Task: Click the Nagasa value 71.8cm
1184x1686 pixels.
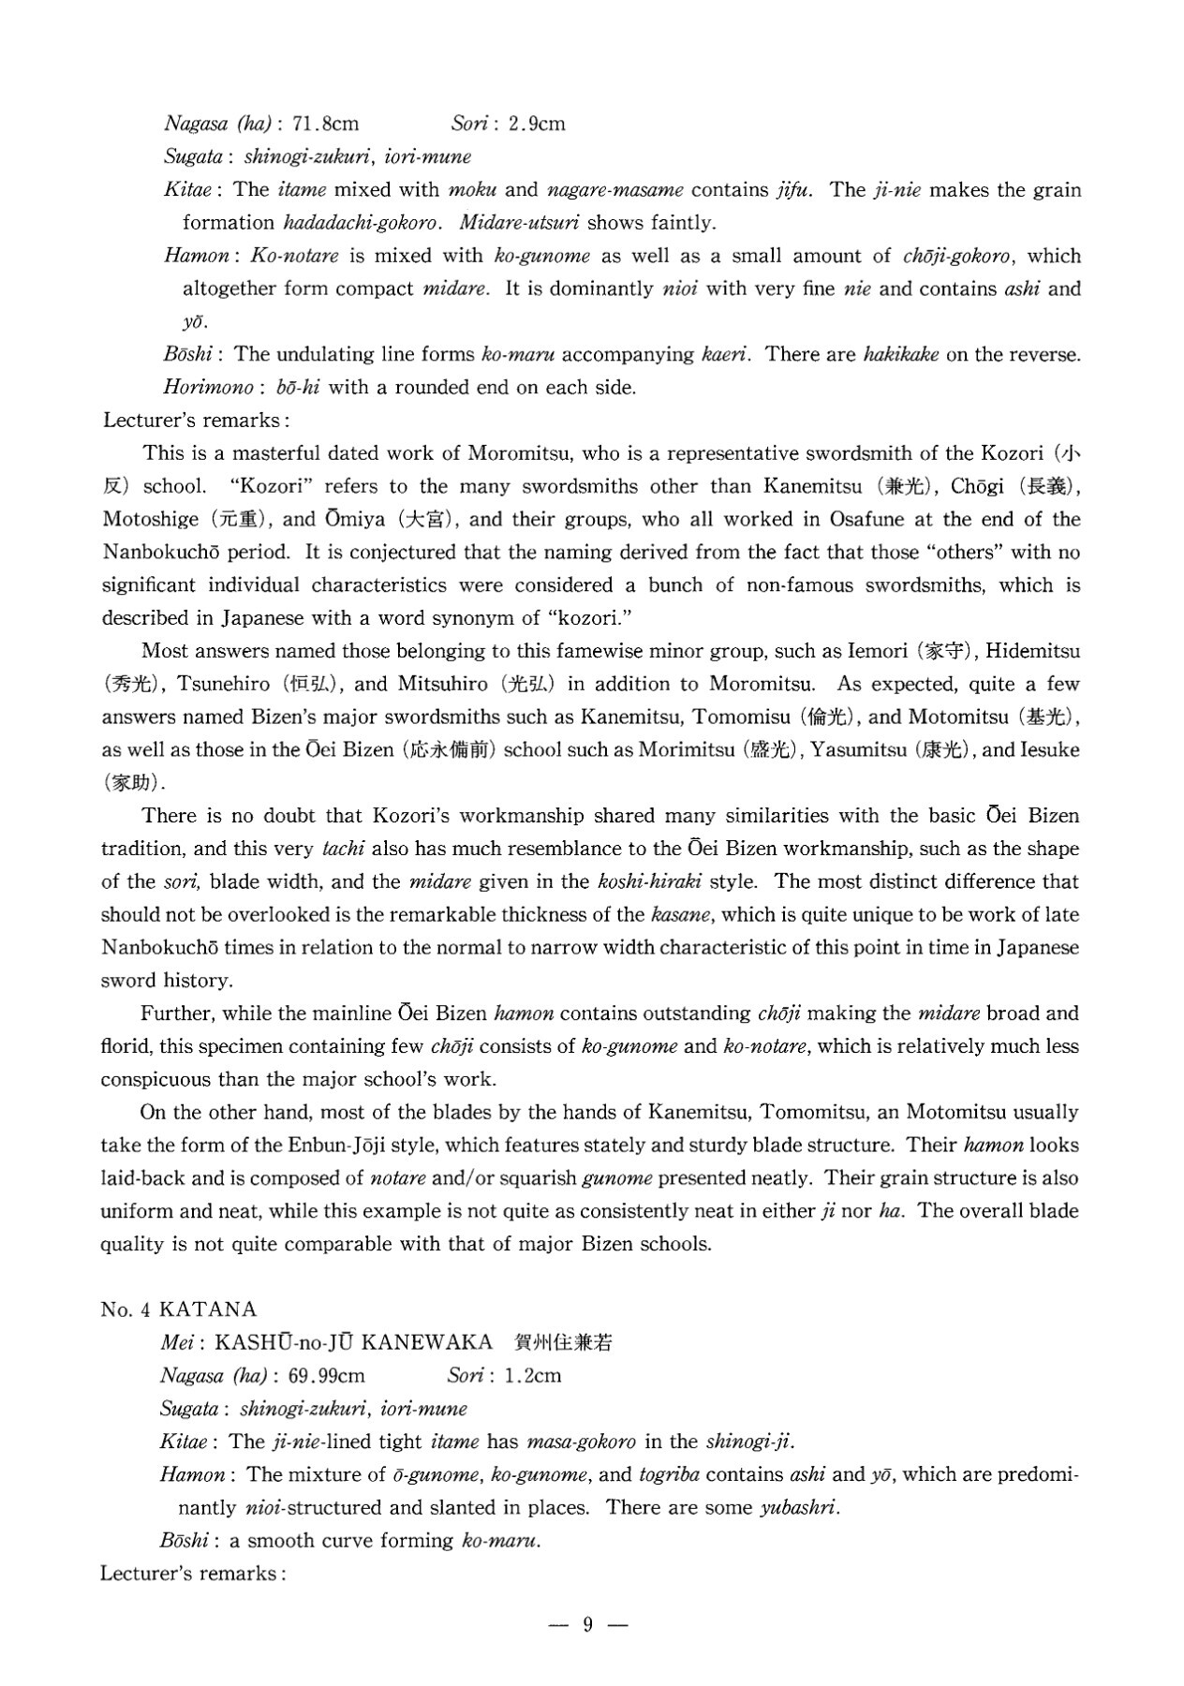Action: (x=326, y=124)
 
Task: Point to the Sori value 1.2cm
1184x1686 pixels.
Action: (x=532, y=1376)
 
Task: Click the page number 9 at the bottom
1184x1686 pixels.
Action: (x=588, y=1625)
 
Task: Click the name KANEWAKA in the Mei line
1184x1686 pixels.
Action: (x=426, y=1342)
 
